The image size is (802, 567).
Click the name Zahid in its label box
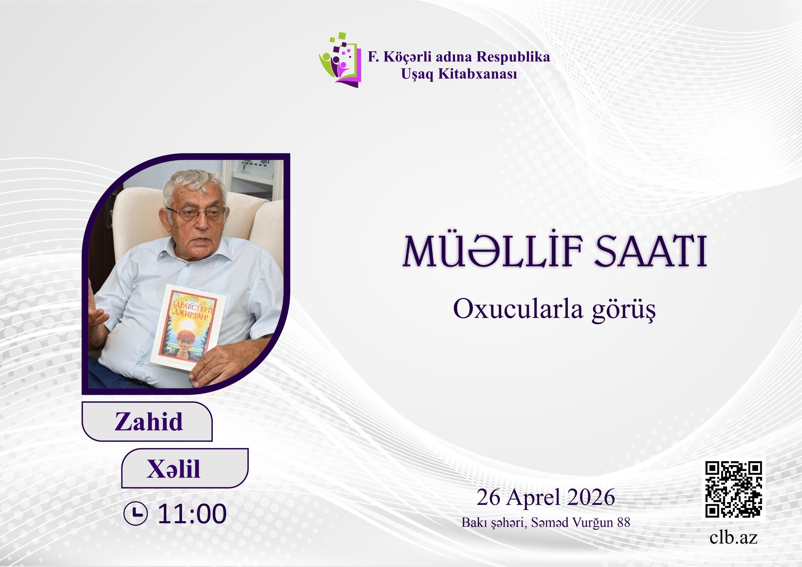(x=149, y=421)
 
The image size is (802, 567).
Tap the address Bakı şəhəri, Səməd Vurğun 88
(x=546, y=523)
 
